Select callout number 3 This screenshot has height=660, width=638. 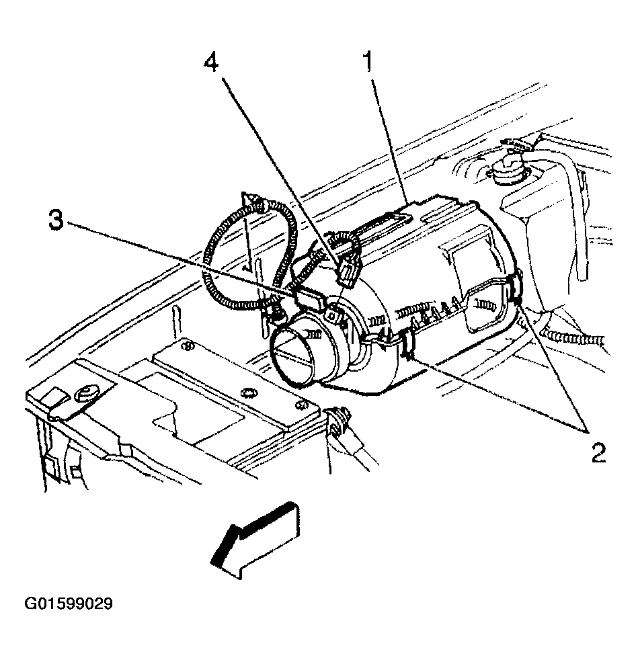point(58,221)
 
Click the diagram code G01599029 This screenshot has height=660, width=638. point(69,604)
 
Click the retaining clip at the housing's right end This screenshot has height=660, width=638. point(516,287)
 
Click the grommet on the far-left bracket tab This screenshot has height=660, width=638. point(85,394)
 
